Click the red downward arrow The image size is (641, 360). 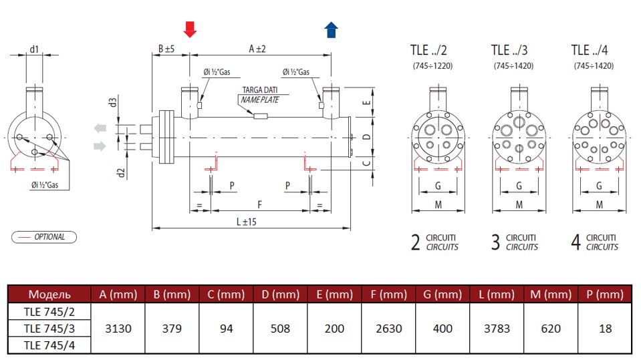click(190, 29)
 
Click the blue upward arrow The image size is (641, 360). click(331, 29)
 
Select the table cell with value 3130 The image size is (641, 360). click(117, 328)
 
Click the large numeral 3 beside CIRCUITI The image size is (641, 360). click(495, 242)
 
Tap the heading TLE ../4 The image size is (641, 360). click(590, 50)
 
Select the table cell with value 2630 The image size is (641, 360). click(388, 328)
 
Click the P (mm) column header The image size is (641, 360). click(606, 294)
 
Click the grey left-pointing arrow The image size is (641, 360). click(100, 128)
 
